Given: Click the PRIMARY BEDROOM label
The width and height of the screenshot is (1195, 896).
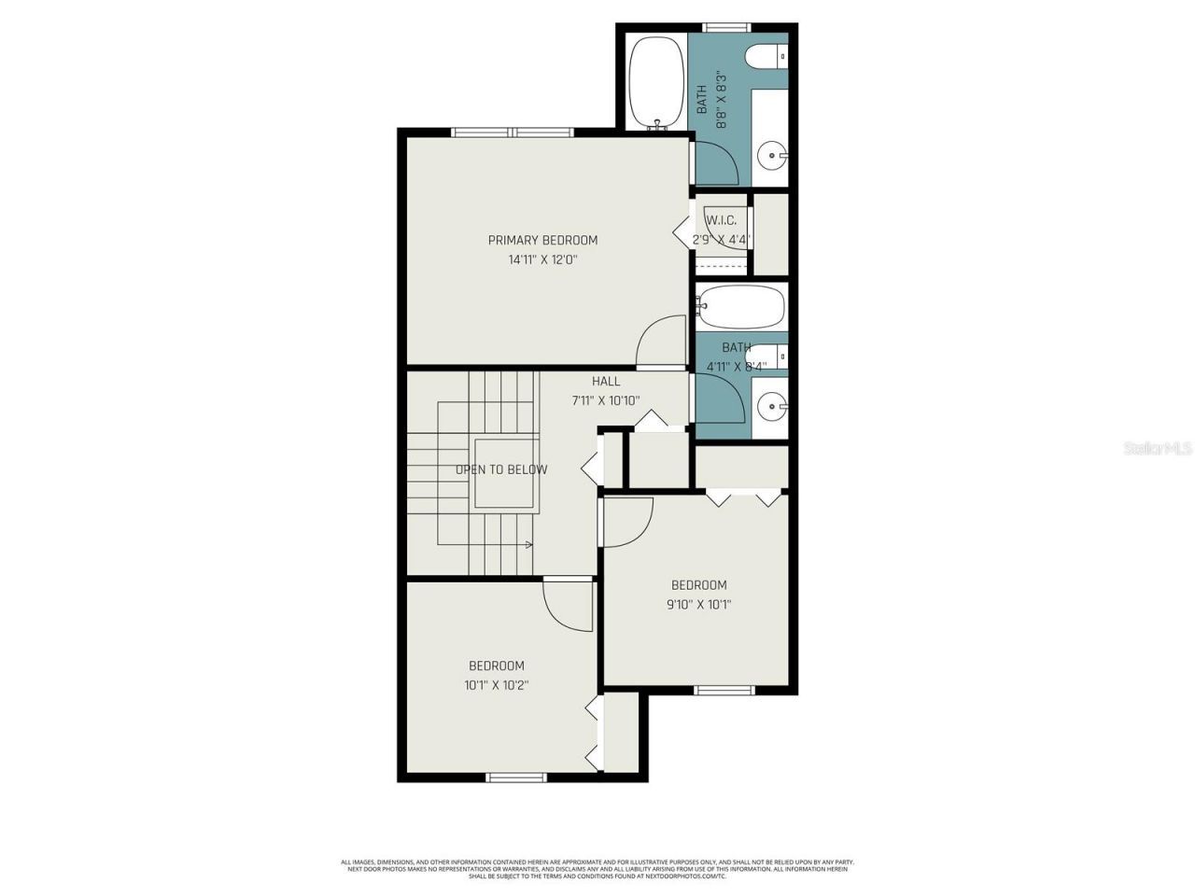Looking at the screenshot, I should click(542, 240).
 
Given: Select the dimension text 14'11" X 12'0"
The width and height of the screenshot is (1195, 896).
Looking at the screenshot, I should click(542, 260).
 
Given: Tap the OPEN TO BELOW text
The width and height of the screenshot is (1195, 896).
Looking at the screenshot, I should click(501, 469).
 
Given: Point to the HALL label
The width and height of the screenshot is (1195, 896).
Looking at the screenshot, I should click(606, 381).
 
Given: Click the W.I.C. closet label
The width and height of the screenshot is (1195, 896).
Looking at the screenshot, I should click(721, 220).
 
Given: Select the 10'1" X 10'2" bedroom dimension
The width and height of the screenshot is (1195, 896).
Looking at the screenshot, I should click(496, 685).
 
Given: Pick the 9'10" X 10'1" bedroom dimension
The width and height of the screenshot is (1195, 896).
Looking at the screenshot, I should click(698, 605).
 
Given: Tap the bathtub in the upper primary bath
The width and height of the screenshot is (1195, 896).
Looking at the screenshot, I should click(656, 81).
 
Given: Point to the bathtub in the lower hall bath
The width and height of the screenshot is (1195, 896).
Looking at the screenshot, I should click(742, 306).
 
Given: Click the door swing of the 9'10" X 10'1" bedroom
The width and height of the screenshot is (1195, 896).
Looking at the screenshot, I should click(627, 522).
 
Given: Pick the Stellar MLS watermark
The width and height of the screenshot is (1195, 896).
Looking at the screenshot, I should click(1157, 449).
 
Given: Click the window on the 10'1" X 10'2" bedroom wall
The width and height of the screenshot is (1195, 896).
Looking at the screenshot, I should click(516, 777).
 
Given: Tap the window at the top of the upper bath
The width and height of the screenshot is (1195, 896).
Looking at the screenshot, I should click(726, 27).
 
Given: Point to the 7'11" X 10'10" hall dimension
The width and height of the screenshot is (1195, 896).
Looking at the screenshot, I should click(606, 401).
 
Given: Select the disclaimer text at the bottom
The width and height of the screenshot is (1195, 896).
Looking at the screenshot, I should click(597, 869).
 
